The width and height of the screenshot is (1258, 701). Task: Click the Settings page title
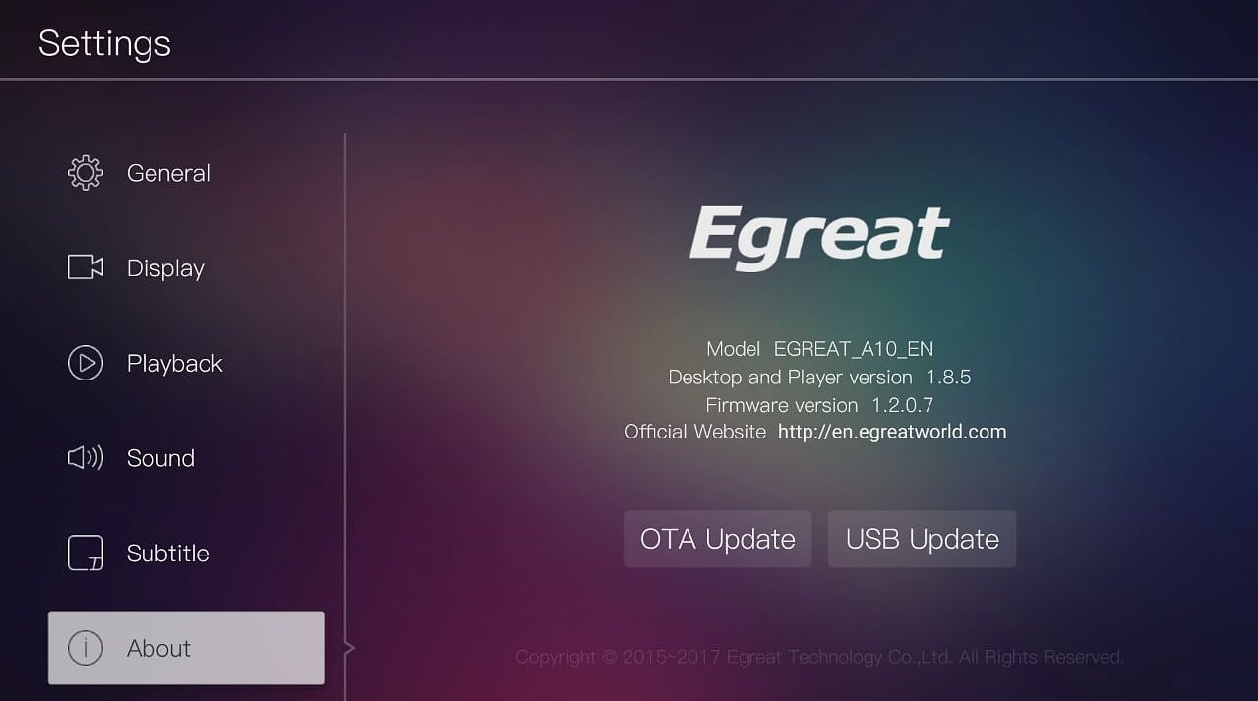click(x=104, y=44)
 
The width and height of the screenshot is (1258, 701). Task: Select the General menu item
click(x=168, y=173)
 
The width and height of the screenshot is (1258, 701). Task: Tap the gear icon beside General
click(x=86, y=173)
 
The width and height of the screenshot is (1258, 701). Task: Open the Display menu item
click(x=165, y=268)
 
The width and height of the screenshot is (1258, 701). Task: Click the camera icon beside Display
click(x=86, y=267)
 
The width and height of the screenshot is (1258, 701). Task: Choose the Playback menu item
click(x=174, y=364)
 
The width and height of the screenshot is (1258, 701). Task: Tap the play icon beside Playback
click(x=86, y=363)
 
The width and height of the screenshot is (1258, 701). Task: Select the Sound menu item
click(x=160, y=458)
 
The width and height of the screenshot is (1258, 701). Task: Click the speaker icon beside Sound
click(x=86, y=458)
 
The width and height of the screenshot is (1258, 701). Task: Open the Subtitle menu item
click(x=167, y=554)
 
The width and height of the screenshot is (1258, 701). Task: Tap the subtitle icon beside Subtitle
click(x=86, y=553)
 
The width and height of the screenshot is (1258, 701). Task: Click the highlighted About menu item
click(x=186, y=648)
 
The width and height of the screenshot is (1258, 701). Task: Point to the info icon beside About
click(x=86, y=648)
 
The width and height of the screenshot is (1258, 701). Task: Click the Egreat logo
click(x=819, y=237)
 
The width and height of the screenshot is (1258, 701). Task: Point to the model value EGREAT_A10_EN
click(x=853, y=349)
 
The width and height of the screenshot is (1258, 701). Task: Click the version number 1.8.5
click(x=948, y=378)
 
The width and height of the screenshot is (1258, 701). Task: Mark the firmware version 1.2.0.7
click(x=902, y=405)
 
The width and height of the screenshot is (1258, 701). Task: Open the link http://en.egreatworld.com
click(x=891, y=432)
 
